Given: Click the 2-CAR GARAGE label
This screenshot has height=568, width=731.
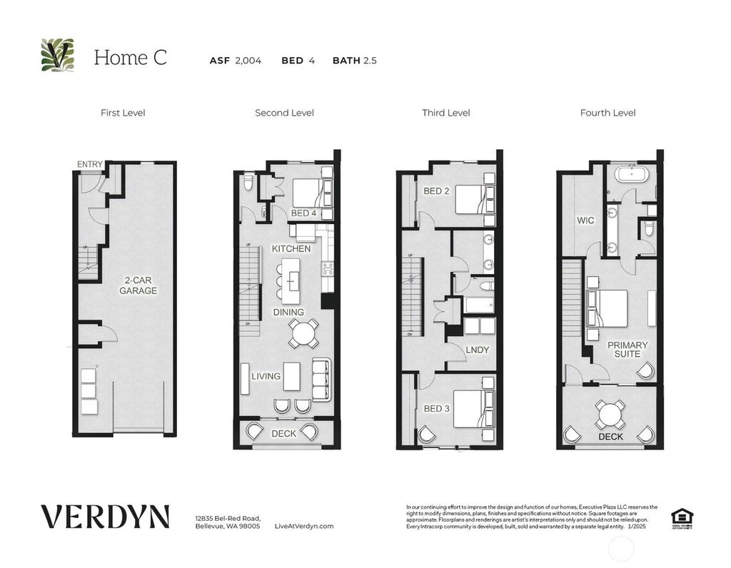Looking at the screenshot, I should [x=138, y=285].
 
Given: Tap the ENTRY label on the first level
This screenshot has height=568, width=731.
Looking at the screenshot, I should [x=90, y=165].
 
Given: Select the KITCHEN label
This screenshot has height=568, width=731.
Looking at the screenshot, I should [x=291, y=248].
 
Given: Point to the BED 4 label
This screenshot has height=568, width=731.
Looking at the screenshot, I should [x=303, y=213].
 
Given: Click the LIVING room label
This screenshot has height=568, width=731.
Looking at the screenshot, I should [x=266, y=376].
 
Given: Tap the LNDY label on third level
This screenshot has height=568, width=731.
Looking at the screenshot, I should [x=477, y=350].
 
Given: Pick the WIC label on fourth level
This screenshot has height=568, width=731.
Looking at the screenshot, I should [x=585, y=221].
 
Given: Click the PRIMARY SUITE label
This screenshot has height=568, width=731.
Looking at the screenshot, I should [x=627, y=350].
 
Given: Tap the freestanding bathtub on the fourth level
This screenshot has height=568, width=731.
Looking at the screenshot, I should [x=630, y=176].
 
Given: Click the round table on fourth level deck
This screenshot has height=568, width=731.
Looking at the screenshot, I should [x=610, y=413].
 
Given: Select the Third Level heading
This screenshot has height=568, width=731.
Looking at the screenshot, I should [x=446, y=113].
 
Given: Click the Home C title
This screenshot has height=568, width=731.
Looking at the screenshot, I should [x=130, y=58].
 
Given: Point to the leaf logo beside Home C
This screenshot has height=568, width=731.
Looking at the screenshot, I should [x=57, y=56].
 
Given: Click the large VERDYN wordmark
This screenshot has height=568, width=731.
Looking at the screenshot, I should [x=105, y=516].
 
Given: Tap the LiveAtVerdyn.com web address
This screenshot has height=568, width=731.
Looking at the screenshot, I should [x=304, y=526].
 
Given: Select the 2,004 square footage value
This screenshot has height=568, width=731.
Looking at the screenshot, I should [x=248, y=61].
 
